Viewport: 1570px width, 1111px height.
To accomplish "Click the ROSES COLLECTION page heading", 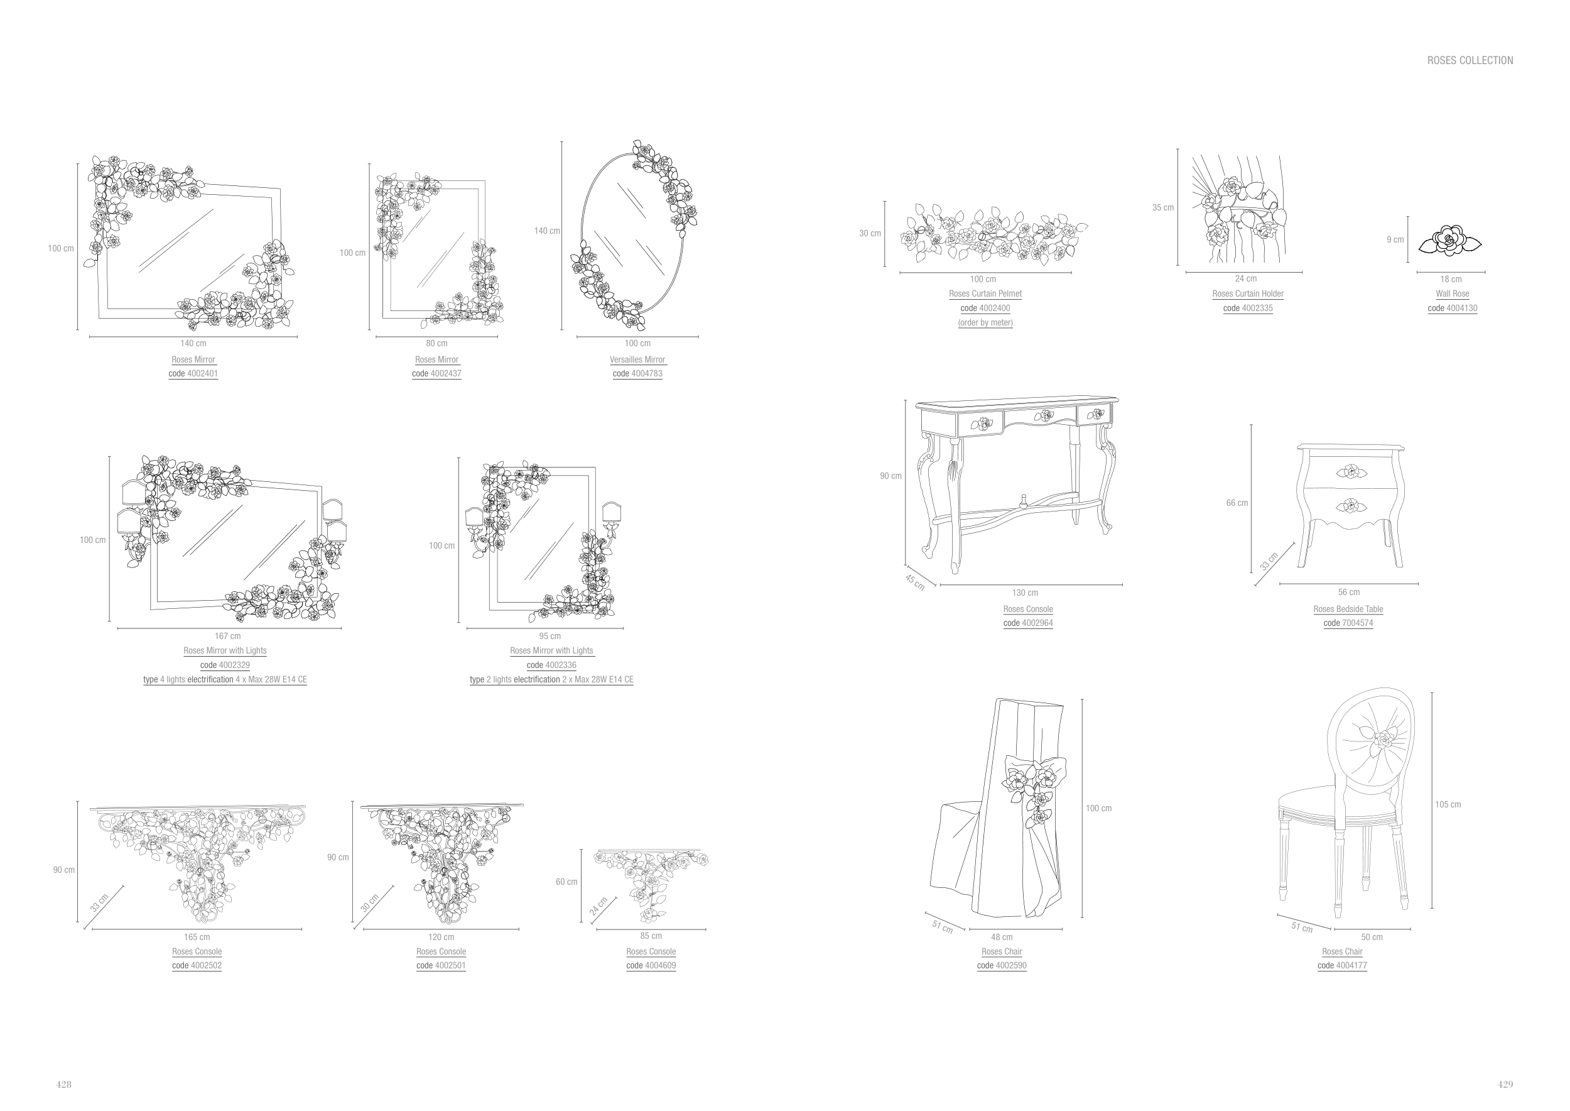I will pos(1470,61).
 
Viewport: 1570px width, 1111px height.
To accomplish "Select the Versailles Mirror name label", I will pos(637,360).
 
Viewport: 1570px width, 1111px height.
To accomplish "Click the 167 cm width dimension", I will pos(228,636).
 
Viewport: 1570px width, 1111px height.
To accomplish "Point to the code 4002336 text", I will pos(551,665).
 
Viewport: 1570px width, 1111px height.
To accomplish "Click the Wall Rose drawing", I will pos(1449,241).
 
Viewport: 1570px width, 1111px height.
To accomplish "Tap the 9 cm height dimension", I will pos(1395,240).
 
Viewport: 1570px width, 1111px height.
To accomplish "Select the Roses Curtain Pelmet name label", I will pos(985,294).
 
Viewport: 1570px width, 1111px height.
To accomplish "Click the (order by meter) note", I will pos(985,323).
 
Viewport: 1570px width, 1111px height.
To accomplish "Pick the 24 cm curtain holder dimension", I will pos(1245,279).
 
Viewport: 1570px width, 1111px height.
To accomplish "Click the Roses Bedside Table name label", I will pos(1348,610).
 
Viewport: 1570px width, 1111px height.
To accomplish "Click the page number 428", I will pos(63,1085).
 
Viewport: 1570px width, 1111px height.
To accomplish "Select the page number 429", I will pos(1505,1085).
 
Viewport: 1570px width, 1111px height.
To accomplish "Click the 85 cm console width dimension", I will pos(651,936).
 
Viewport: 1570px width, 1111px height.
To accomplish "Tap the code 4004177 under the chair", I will pos(1341,966).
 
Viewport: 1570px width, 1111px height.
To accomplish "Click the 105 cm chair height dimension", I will pos(1448,804).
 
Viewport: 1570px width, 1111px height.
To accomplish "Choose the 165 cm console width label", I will pos(197,937).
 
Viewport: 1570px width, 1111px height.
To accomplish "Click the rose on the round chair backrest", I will pos(1383,740).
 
